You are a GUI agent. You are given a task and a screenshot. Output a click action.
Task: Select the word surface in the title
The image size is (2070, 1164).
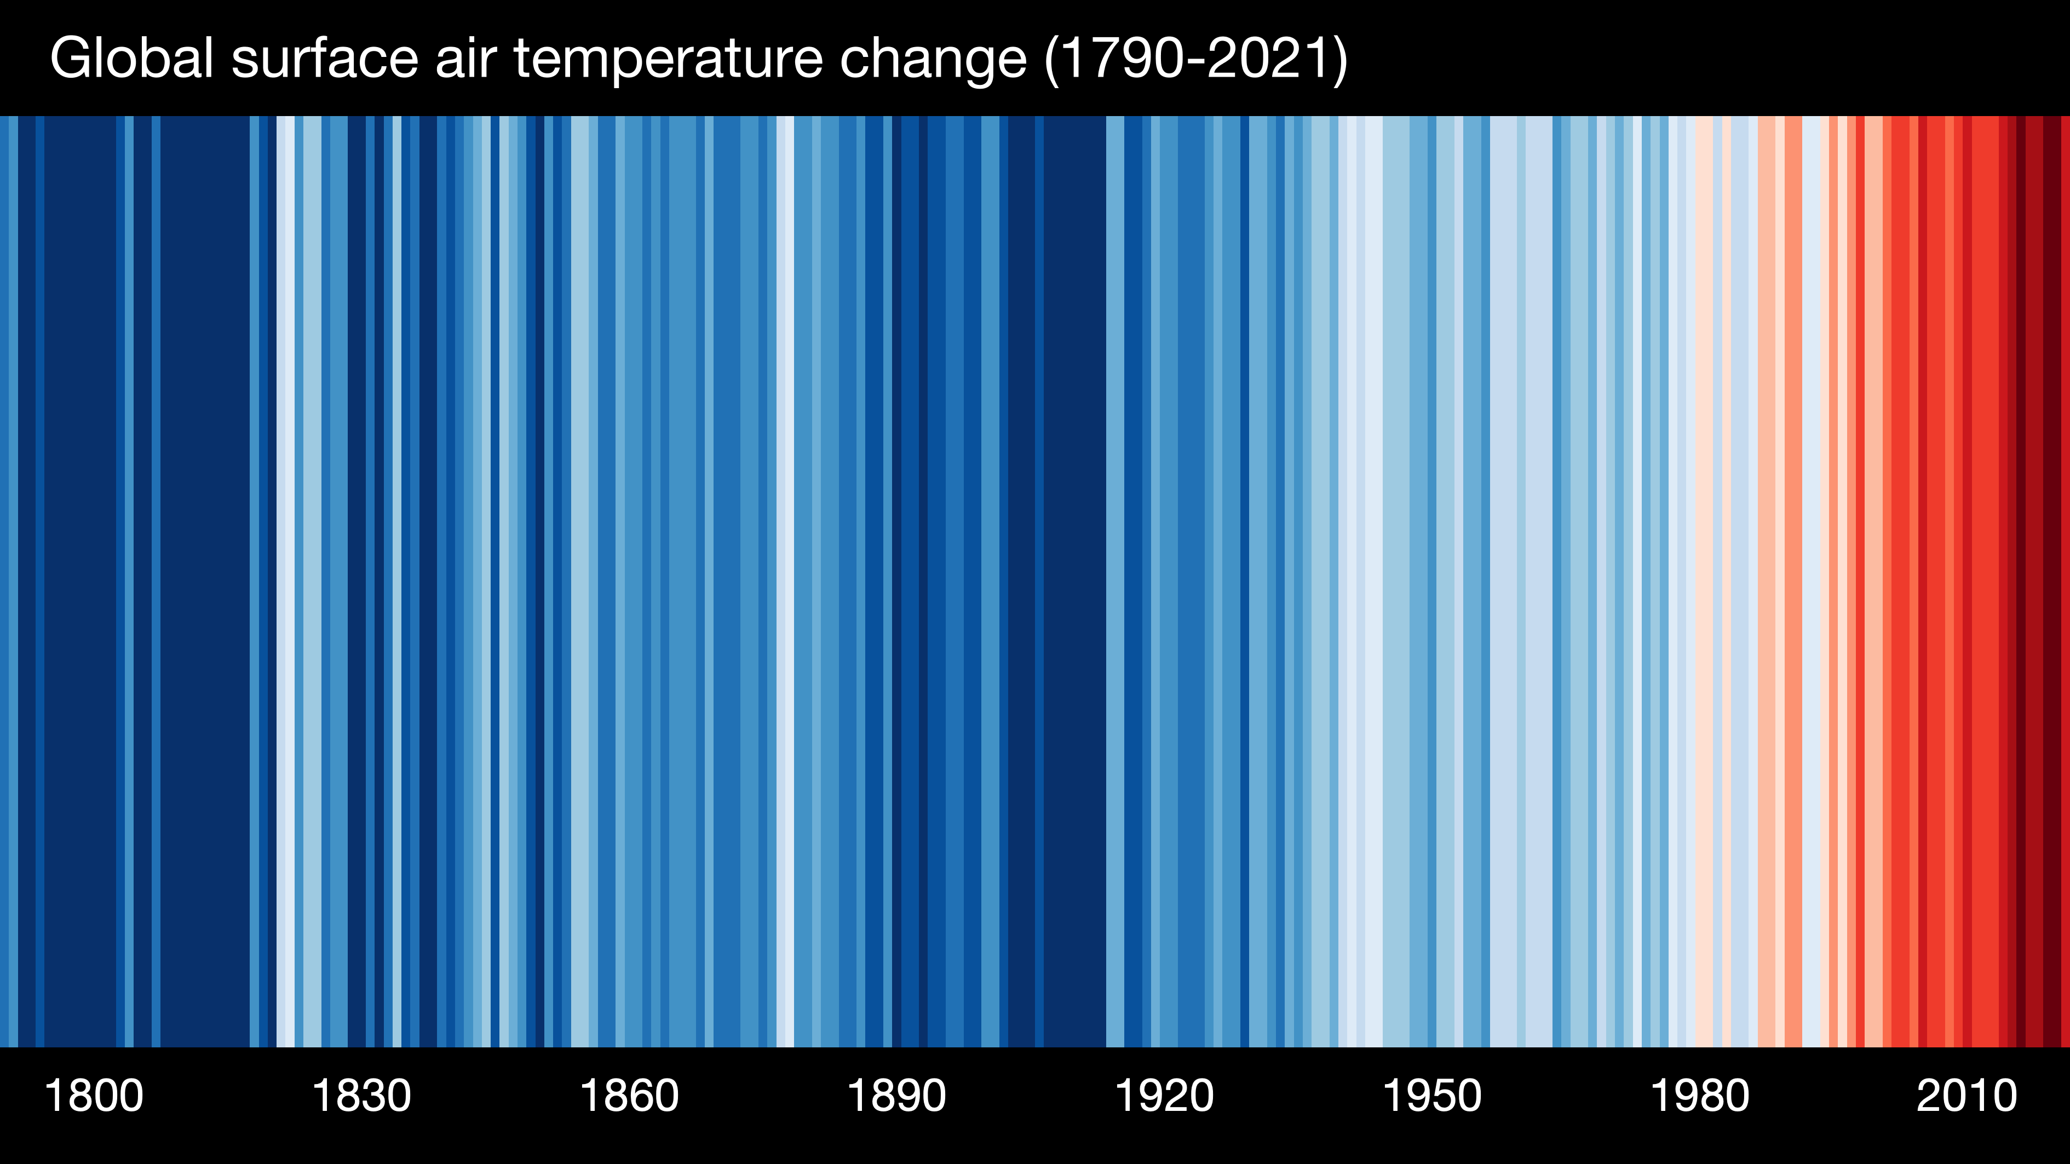coord(325,58)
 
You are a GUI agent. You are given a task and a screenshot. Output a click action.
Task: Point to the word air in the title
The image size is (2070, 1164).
coord(464,58)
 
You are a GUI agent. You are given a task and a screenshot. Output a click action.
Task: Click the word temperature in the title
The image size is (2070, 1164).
coord(668,58)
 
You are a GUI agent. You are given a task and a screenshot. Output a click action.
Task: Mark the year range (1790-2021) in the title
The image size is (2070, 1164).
coord(1195,58)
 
